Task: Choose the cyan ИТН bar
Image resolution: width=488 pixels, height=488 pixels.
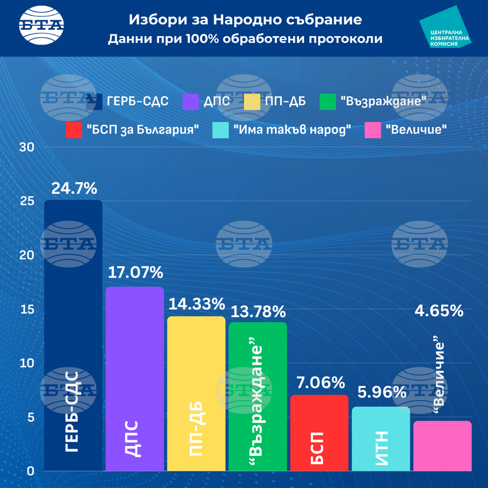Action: click(x=381, y=439)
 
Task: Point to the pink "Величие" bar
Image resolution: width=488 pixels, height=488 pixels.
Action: click(x=442, y=446)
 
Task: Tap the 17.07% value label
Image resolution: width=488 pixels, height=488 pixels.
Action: click(x=135, y=273)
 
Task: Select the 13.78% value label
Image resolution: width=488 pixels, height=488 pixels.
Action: click(x=258, y=311)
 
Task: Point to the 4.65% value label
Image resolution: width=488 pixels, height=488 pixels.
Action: click(x=439, y=311)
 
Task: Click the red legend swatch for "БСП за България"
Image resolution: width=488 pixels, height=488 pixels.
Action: click(x=73, y=130)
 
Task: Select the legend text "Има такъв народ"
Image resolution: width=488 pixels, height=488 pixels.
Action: click(x=293, y=130)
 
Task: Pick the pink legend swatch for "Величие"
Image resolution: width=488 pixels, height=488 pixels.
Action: click(x=373, y=130)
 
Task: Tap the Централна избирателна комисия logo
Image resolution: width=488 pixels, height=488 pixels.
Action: click(x=445, y=28)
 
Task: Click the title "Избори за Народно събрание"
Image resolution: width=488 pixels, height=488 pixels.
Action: click(x=245, y=20)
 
